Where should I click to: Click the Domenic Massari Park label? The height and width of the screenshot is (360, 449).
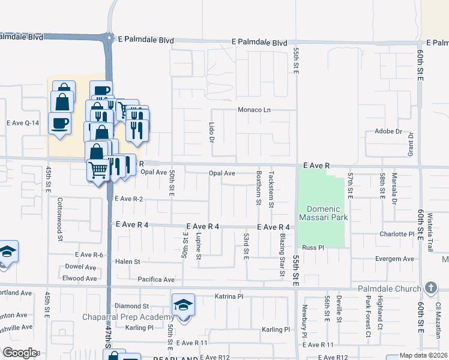tap(324, 213)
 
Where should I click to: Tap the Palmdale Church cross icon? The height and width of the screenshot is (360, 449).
tap(430, 288)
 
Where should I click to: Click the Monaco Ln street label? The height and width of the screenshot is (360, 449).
tap(255, 110)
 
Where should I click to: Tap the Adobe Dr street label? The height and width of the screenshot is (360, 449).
tap(387, 131)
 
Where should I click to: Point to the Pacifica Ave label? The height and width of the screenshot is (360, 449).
tap(155, 280)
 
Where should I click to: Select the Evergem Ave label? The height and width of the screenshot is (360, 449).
tap(393, 259)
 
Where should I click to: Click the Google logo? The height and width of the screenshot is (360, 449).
tap(20, 352)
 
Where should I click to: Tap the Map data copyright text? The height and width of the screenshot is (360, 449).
tap(423, 355)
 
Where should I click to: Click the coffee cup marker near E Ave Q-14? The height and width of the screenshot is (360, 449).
tap(59, 124)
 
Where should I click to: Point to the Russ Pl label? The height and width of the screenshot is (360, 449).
tap(313, 247)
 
